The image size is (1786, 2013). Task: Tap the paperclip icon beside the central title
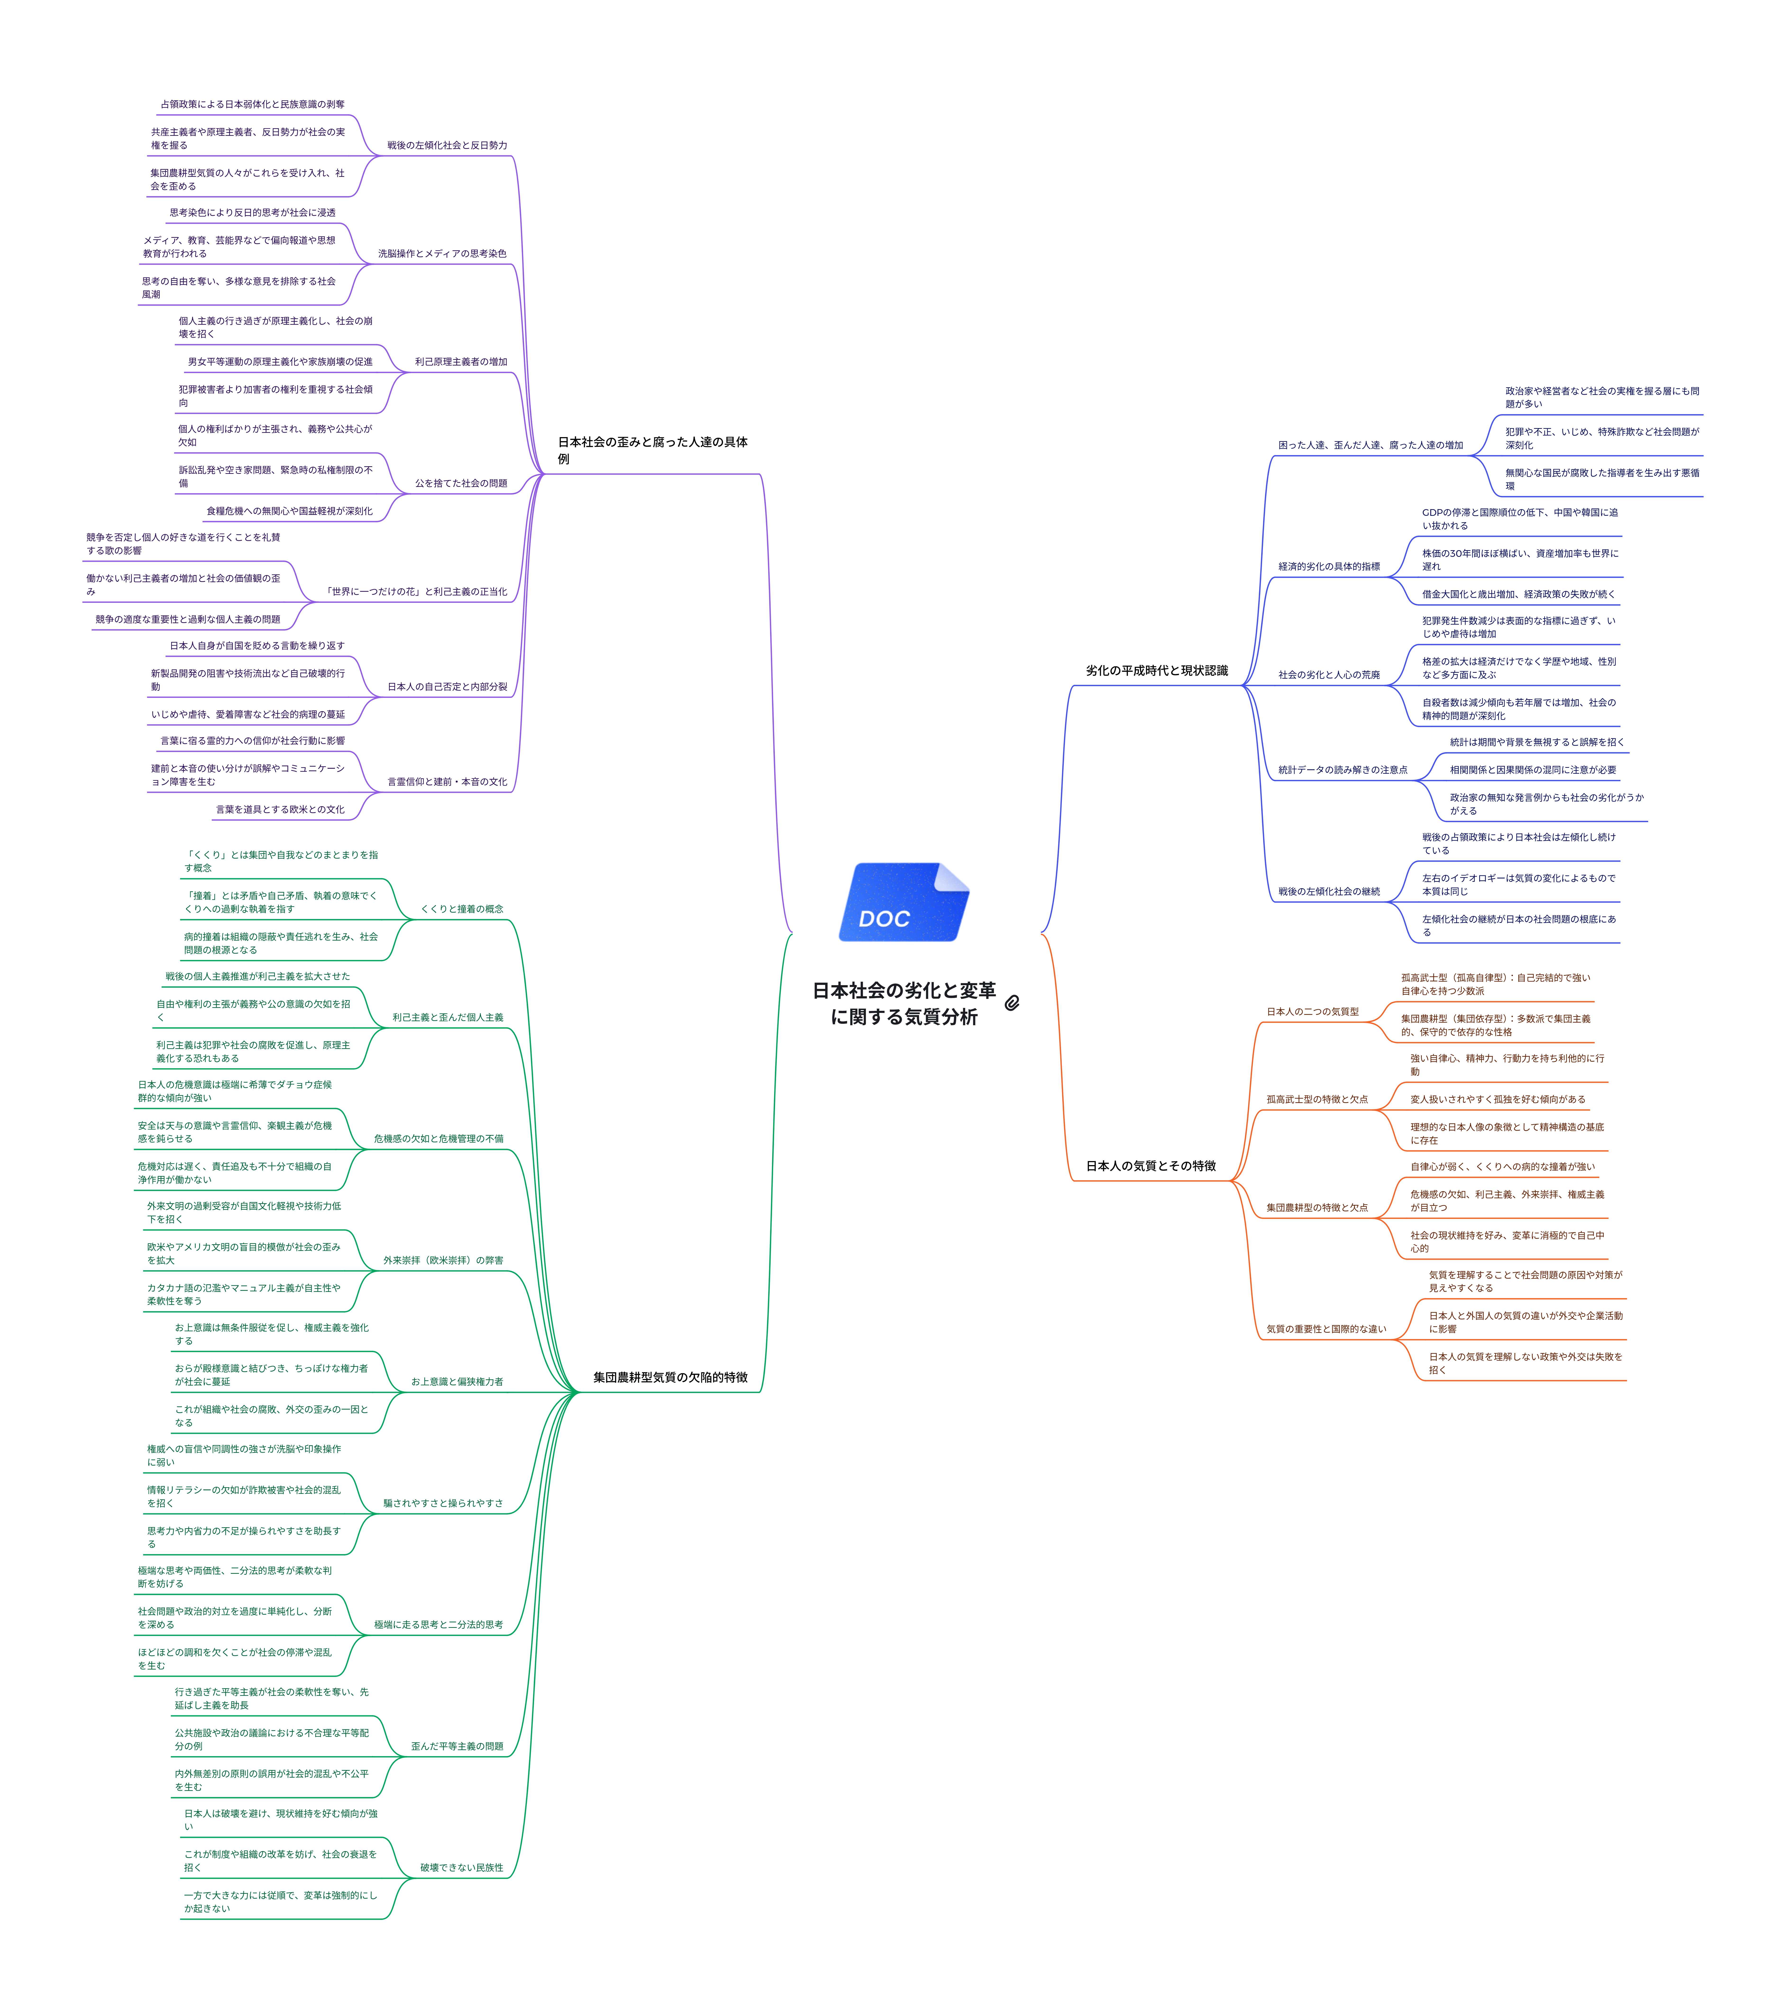[x=1012, y=1002]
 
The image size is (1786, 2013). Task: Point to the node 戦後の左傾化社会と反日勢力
[x=447, y=146]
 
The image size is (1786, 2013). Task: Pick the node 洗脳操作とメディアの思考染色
[x=442, y=254]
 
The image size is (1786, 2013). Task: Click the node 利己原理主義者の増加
[x=461, y=362]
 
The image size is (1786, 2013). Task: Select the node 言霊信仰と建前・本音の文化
[x=447, y=782]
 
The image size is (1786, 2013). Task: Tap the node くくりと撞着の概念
[x=462, y=909]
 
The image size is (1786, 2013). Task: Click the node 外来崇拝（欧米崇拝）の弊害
[x=443, y=1261]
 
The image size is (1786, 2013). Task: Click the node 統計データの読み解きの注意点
[x=1342, y=770]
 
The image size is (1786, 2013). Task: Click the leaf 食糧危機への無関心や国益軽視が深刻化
[x=289, y=512]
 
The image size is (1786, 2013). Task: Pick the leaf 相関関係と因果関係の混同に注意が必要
[x=1532, y=770]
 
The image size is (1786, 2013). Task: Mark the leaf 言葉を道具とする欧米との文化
[x=281, y=810]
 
